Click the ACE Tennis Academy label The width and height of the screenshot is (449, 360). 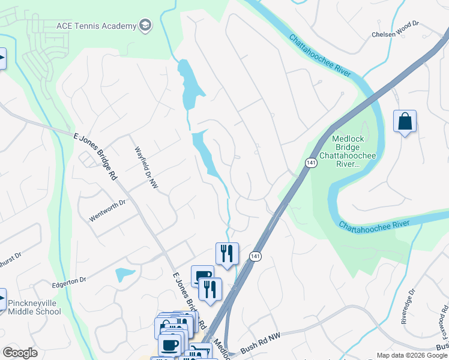pyautogui.click(x=95, y=25)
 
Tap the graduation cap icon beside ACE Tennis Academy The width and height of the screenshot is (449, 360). pyautogui.click(x=145, y=25)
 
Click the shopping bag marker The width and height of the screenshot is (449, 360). pyautogui.click(x=405, y=121)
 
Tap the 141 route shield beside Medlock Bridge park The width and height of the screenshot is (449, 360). pyautogui.click(x=310, y=163)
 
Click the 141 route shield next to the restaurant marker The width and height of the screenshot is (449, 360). pyautogui.click(x=254, y=256)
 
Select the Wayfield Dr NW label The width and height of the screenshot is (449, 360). pyautogui.click(x=146, y=169)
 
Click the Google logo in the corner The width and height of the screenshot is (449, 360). pyautogui.click(x=20, y=353)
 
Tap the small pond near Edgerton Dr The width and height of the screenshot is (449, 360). pyautogui.click(x=125, y=275)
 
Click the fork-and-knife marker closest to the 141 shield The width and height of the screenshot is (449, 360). pyautogui.click(x=227, y=253)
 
